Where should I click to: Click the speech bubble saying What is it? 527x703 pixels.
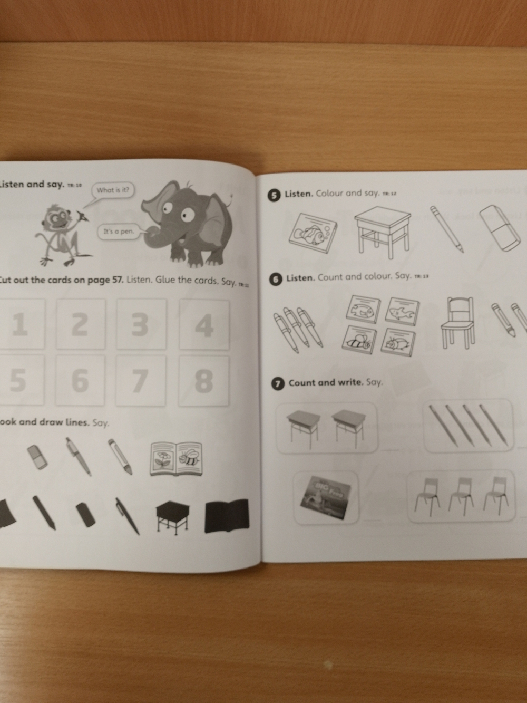[113, 190]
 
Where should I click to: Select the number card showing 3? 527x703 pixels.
[141, 324]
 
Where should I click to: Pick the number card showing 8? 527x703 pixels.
[203, 380]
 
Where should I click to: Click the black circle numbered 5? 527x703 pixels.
[275, 196]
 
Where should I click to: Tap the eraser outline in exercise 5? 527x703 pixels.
[501, 228]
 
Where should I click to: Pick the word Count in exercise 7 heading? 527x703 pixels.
[300, 383]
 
